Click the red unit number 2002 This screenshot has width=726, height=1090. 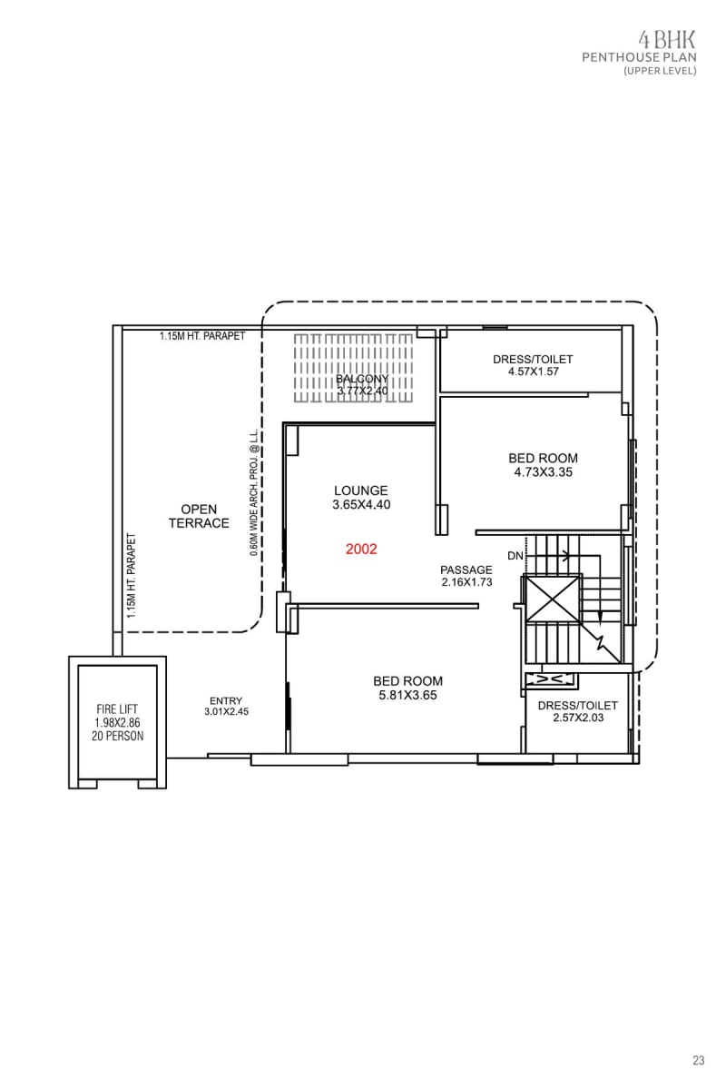click(361, 550)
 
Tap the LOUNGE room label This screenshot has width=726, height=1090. click(361, 490)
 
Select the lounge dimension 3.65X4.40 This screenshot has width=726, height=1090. click(361, 505)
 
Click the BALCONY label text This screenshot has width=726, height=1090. click(362, 379)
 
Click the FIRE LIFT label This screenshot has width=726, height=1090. click(117, 709)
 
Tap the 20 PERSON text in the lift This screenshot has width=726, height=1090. click(117, 737)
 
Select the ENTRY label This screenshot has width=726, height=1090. click(226, 700)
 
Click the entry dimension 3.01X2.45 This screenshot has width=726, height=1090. click(226, 712)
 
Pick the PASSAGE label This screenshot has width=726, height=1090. click(466, 570)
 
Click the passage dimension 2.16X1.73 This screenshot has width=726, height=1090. click(466, 582)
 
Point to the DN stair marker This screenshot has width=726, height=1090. click(515, 555)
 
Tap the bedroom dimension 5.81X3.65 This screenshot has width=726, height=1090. click(407, 696)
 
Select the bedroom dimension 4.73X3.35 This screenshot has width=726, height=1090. click(544, 472)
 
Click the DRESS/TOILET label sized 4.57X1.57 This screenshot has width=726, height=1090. click(533, 360)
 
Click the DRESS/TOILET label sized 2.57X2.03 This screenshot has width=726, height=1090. click(577, 706)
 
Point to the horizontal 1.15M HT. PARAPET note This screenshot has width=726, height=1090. click(202, 336)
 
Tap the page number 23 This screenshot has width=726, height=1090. click(699, 1060)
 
